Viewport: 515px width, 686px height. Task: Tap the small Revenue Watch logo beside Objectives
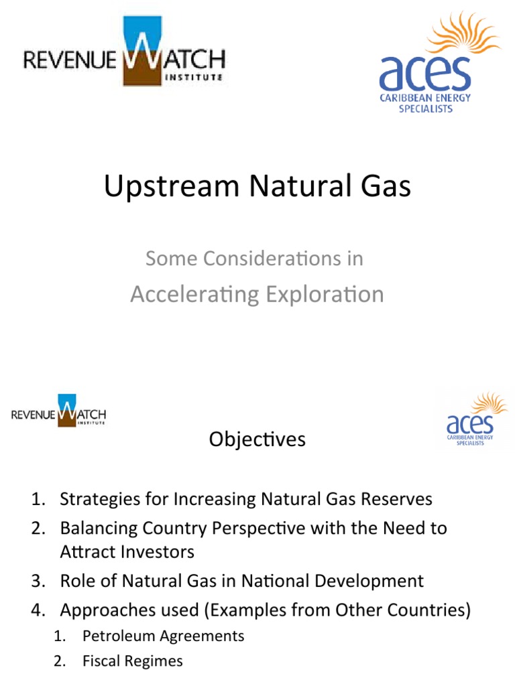click(59, 411)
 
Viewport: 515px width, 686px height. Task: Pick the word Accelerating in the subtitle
click(191, 294)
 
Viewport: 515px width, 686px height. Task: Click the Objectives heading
click(257, 439)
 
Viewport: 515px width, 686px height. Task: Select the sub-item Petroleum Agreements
click(164, 636)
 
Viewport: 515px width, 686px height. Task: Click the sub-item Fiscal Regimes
click(133, 661)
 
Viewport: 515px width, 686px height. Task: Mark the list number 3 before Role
click(37, 581)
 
